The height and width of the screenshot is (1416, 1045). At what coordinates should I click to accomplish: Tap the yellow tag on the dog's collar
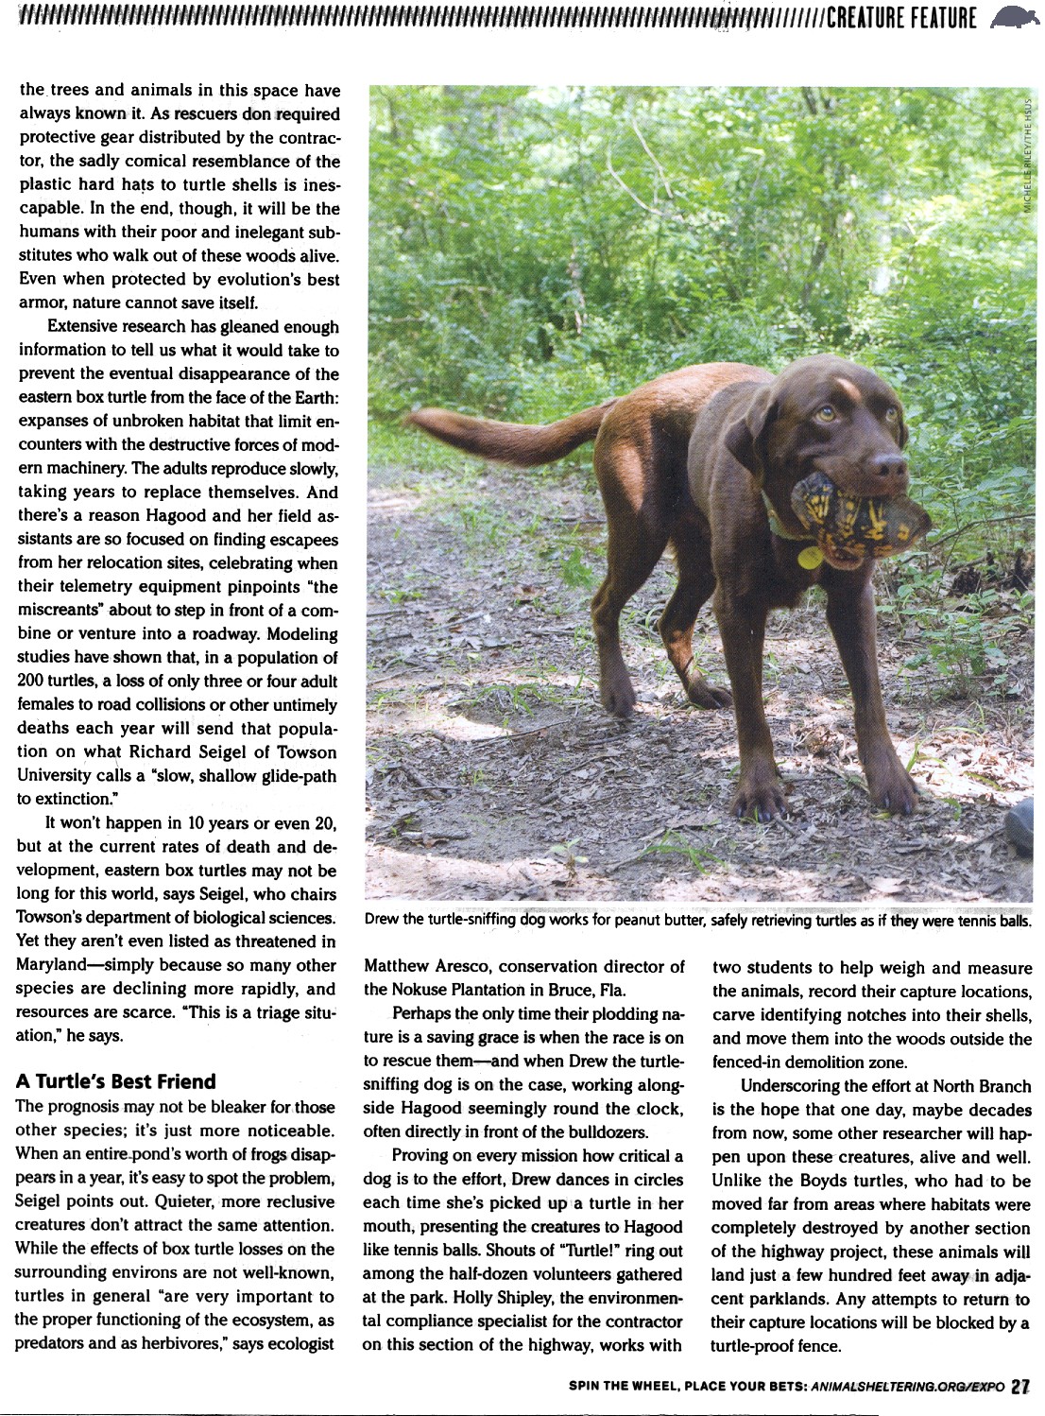coord(810,557)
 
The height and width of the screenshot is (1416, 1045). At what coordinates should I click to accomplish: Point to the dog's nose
coord(887,464)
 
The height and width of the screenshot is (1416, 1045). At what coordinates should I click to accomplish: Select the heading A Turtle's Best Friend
coord(115,1081)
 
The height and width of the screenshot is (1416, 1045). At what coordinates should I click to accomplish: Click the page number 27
coord(1019,1387)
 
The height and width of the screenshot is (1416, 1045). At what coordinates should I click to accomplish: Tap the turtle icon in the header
coord(1016,17)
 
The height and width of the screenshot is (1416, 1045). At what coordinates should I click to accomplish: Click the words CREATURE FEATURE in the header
coord(901,18)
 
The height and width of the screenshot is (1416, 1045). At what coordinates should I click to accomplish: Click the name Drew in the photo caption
coord(381,919)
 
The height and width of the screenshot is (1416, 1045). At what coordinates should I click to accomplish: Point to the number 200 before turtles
coord(29,681)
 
